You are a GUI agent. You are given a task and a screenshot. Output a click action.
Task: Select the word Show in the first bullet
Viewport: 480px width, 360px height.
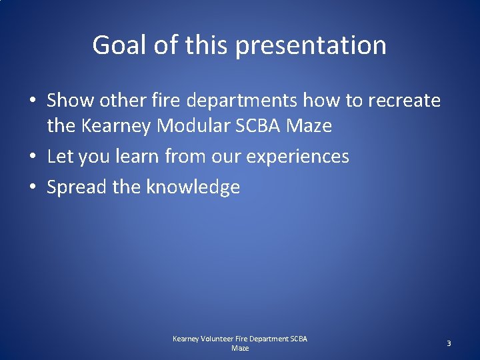(70, 101)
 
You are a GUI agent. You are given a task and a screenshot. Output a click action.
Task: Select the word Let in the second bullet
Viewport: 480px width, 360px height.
(59, 157)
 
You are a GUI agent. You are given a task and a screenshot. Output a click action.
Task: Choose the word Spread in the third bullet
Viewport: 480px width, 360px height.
(77, 187)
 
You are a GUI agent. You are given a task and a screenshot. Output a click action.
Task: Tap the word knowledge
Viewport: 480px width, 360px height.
(193, 187)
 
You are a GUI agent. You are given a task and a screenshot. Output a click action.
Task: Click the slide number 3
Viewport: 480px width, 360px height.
(449, 343)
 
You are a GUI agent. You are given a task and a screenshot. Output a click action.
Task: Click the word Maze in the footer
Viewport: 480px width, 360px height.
(240, 348)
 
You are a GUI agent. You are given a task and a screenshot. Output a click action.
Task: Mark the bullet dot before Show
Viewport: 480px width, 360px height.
(32, 101)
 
